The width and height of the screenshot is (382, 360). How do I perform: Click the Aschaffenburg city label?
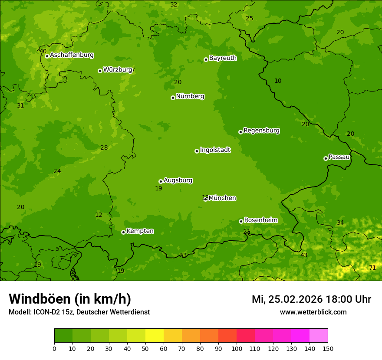[72, 55]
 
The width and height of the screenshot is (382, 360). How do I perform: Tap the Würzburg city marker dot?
[100, 71]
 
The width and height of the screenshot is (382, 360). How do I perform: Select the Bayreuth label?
[223, 58]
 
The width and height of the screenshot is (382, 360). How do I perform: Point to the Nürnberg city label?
[190, 96]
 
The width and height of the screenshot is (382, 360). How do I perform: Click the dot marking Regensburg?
[240, 132]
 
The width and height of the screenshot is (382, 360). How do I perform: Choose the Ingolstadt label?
[215, 150]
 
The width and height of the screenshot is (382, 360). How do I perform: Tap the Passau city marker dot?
[326, 158]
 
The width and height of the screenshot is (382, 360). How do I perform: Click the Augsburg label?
[178, 180]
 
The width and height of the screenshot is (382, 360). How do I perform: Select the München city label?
[222, 198]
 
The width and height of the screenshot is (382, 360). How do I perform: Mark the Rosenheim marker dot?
[241, 221]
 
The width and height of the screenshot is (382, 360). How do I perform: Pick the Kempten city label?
[140, 231]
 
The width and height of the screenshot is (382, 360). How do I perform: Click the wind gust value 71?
[372, 268]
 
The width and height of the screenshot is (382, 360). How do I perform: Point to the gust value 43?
[304, 255]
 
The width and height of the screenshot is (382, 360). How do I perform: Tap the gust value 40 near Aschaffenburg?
[43, 51]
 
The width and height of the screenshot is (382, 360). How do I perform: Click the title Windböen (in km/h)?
[70, 299]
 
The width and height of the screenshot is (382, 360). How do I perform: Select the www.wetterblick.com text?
[313, 312]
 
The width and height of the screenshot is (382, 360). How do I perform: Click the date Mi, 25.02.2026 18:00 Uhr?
[311, 299]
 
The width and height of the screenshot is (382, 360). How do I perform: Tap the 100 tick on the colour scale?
[237, 348]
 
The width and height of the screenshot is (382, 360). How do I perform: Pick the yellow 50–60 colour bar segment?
[155, 335]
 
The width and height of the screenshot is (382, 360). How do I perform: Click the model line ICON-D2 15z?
[79, 312]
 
